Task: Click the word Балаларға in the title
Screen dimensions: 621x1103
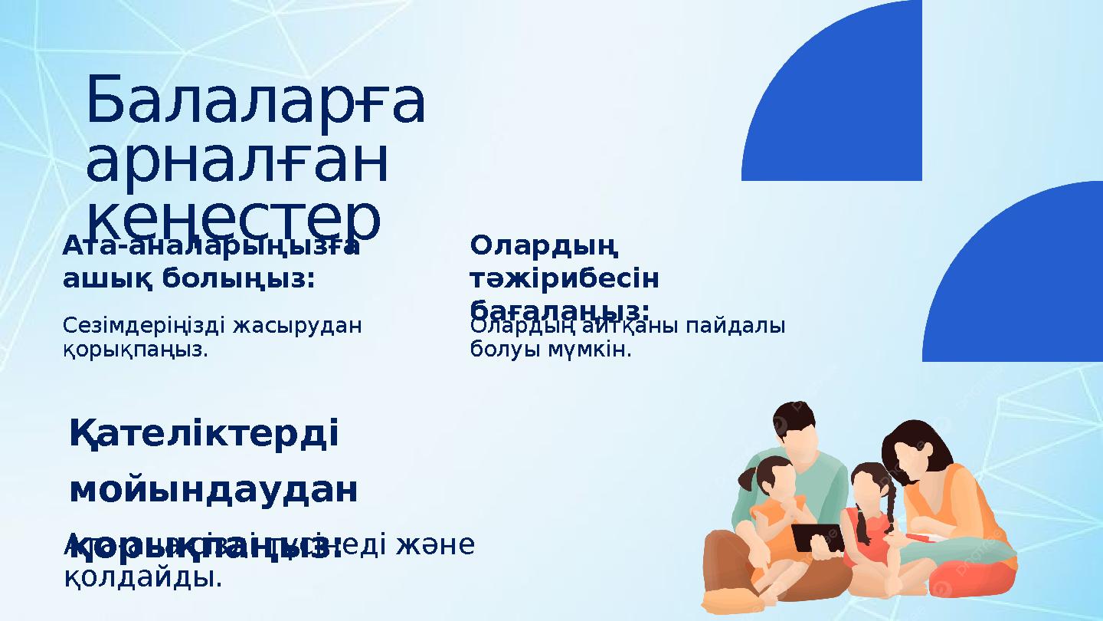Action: click(255, 102)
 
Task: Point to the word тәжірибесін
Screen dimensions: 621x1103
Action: click(565, 278)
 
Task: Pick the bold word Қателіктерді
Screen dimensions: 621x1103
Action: click(204, 435)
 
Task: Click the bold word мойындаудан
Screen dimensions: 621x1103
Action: click(214, 491)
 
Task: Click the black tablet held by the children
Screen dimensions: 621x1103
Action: click(817, 537)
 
